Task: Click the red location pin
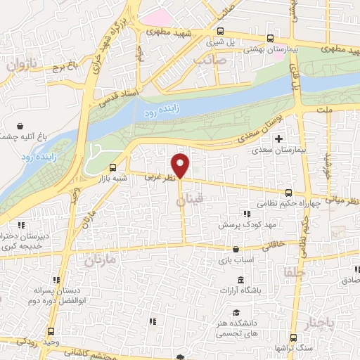[x=181, y=165]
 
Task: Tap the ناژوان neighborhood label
[x=21, y=67]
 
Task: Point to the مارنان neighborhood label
[x=98, y=261]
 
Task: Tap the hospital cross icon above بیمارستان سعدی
[x=280, y=138]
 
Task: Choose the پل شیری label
[x=216, y=41]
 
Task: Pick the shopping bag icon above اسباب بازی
[x=235, y=248]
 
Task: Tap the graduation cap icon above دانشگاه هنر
[x=237, y=312]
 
